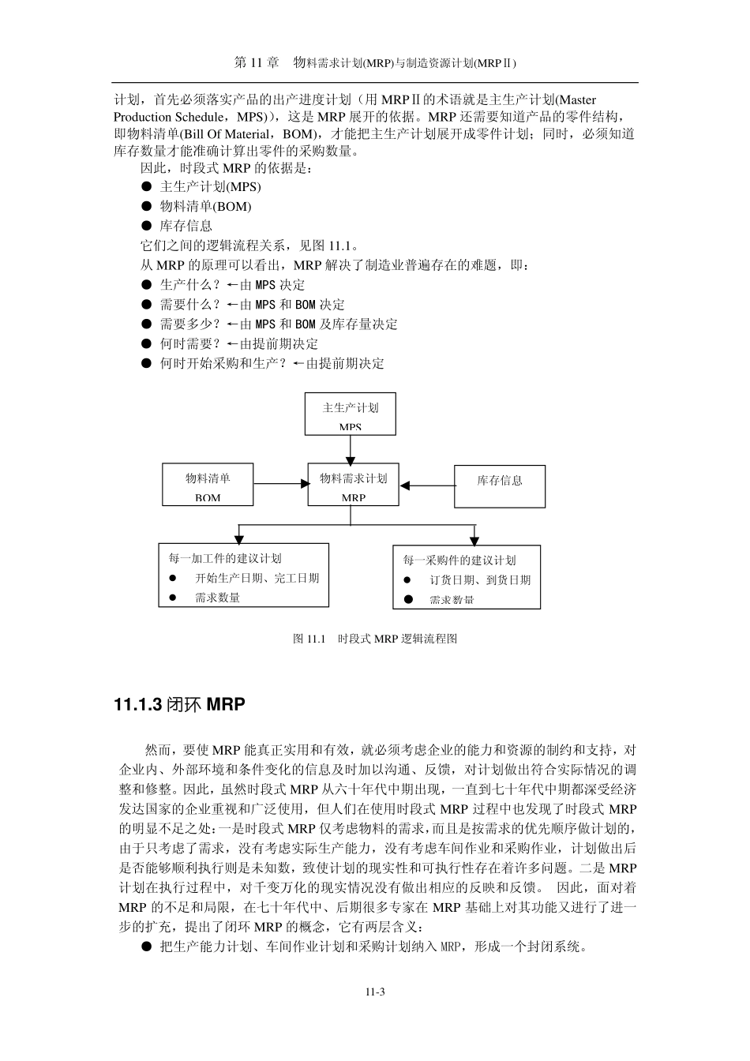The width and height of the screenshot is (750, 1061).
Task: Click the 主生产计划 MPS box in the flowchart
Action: (x=350, y=414)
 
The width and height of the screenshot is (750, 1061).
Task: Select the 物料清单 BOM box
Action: (x=208, y=485)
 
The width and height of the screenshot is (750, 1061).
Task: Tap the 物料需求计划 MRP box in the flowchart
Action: (x=353, y=484)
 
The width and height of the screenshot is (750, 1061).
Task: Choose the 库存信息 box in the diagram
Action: (x=500, y=486)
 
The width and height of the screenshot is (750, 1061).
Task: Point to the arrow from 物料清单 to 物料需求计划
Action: (x=280, y=484)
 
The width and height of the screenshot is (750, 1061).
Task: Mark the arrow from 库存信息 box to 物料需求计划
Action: (x=426, y=486)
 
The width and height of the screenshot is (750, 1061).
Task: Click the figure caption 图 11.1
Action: (x=375, y=639)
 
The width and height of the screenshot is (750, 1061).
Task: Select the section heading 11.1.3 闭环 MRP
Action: (x=180, y=704)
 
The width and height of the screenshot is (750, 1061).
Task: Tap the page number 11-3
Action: (x=374, y=992)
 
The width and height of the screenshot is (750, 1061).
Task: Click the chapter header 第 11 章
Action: (x=257, y=63)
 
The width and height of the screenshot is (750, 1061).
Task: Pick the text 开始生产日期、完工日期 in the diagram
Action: (x=257, y=578)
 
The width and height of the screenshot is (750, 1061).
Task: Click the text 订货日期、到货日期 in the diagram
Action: (x=480, y=579)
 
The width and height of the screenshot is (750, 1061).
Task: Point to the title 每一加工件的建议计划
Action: (x=225, y=558)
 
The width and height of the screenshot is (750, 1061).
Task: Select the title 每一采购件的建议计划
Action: (x=459, y=560)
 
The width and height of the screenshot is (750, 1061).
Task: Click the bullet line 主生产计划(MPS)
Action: (x=210, y=187)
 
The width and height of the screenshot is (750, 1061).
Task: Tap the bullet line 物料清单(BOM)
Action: (x=205, y=207)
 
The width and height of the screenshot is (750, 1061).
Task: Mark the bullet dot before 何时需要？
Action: (x=146, y=343)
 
